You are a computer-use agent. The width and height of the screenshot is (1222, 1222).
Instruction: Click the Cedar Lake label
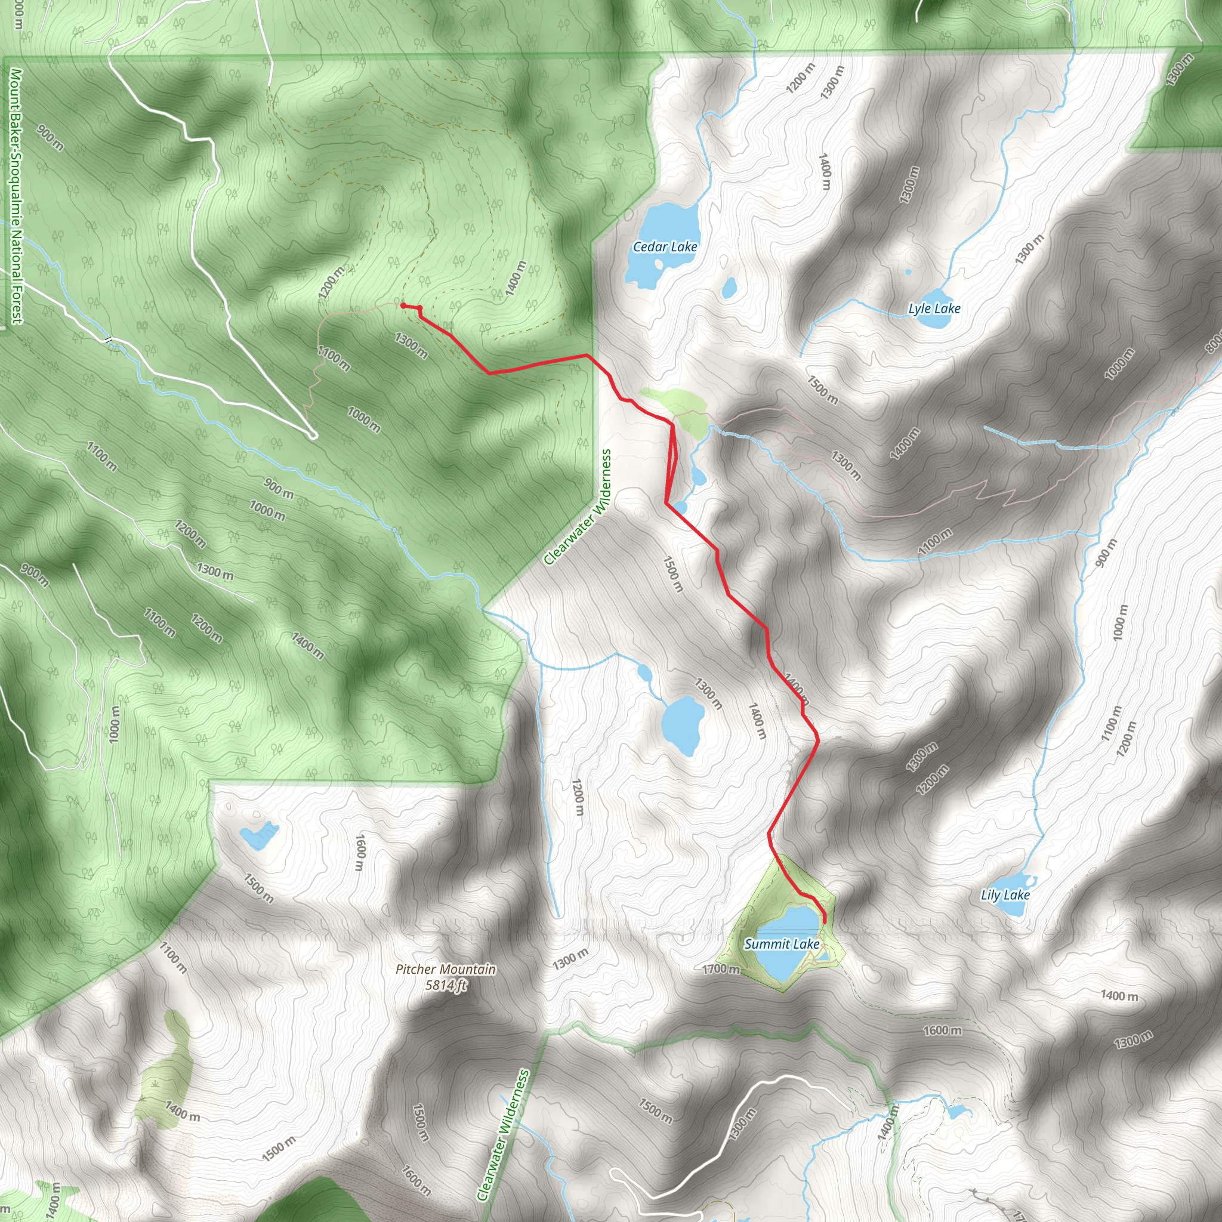665,246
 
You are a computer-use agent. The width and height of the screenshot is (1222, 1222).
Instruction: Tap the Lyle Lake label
934,308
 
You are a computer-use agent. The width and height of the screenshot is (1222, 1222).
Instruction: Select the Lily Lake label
1005,895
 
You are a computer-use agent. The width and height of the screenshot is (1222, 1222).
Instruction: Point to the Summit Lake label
782,945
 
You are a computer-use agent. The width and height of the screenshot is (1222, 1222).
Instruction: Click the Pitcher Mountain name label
446,969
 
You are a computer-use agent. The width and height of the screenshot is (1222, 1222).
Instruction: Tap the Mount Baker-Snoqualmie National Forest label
16,196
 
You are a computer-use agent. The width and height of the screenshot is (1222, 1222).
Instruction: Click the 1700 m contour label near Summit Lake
721,969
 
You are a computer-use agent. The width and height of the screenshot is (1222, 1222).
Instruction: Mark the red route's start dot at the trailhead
403,305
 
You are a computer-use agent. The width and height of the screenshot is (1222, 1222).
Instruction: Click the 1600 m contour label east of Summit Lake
942,1030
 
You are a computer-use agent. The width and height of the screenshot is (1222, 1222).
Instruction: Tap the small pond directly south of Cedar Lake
729,288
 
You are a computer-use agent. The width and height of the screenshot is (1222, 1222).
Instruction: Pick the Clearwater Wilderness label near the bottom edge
503,1135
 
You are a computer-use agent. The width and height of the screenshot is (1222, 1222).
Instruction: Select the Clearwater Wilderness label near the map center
578,507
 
